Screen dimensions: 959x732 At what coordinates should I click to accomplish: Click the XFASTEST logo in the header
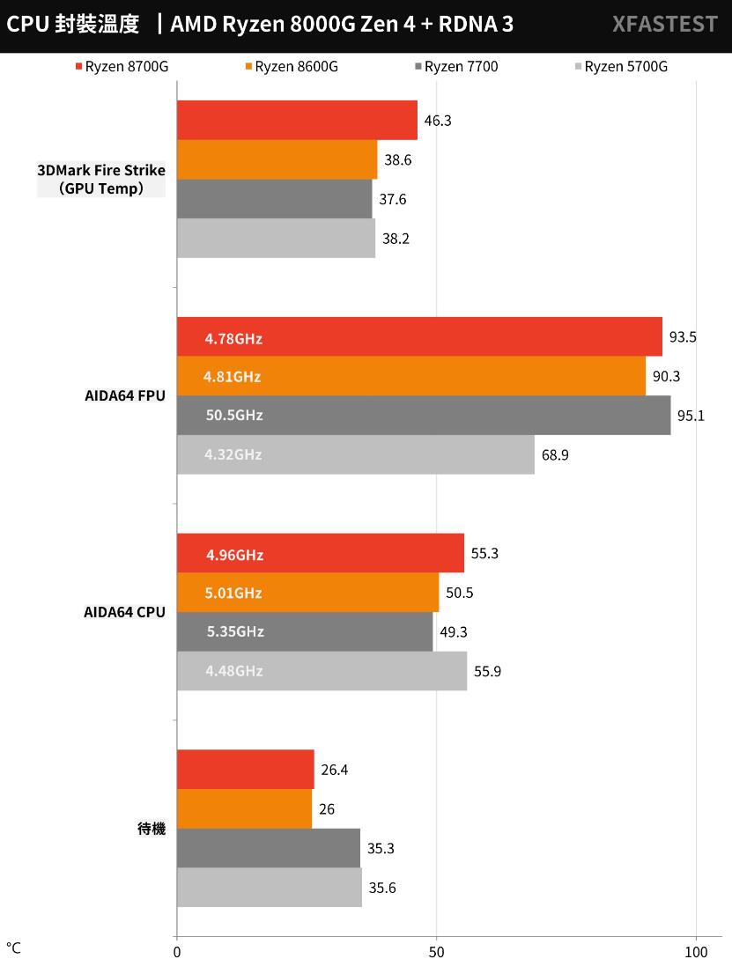pos(664,25)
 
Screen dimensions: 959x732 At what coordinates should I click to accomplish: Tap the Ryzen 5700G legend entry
pos(620,67)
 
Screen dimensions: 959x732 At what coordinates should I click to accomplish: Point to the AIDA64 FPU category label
pos(124,396)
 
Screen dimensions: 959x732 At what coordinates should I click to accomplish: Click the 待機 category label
pos(152,829)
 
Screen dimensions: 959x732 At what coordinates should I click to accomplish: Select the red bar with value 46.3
pos(297,120)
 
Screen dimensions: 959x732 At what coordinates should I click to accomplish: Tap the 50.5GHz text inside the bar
pos(233,416)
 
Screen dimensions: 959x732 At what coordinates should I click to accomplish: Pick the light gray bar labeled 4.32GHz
pos(355,454)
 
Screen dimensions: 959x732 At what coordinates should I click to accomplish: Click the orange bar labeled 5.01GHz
pos(307,593)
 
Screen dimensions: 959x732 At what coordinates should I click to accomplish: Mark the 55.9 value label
pos(488,671)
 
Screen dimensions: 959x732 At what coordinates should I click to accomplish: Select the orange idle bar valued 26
pos(244,808)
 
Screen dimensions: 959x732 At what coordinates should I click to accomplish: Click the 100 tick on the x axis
pos(696,951)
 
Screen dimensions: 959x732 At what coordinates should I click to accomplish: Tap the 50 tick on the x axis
pos(436,951)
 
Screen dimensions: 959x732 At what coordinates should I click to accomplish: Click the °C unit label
pos(13,948)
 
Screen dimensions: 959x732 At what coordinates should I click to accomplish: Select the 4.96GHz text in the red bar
pos(234,555)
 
